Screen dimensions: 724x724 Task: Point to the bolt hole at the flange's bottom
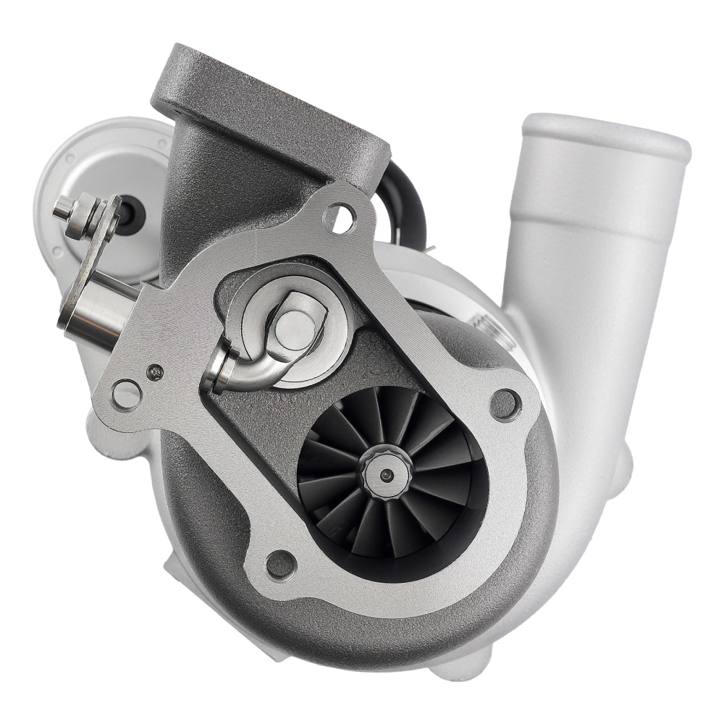click(280, 563)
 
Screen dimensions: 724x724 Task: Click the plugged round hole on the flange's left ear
click(127, 395)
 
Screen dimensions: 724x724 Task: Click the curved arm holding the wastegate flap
click(246, 369)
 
